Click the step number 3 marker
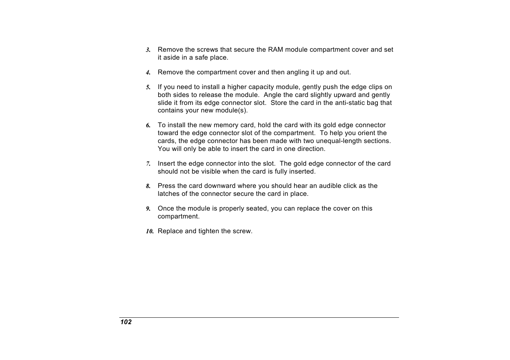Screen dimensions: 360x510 point(148,50)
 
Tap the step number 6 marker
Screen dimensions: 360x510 point(148,125)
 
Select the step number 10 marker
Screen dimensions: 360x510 point(149,231)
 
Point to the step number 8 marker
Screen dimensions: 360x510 point(148,186)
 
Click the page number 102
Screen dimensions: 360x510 point(126,322)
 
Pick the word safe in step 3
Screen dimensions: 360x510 point(202,57)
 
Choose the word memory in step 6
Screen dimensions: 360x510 point(226,125)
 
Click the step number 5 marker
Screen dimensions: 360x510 point(148,87)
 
